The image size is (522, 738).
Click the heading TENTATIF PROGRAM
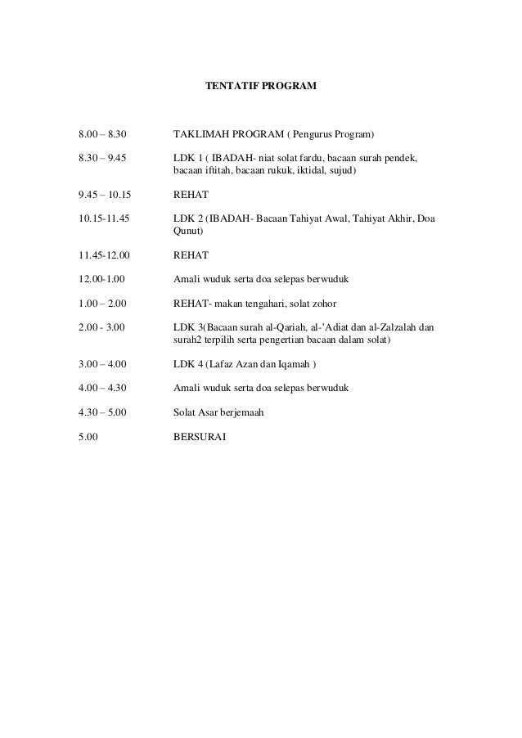(260, 85)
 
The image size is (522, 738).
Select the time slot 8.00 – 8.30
(103, 133)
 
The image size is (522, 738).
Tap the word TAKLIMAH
(201, 133)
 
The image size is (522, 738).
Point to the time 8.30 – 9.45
(103, 156)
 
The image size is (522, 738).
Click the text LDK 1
(187, 156)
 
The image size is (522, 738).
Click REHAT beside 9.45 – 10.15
(191, 195)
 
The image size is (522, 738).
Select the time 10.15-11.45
(104, 218)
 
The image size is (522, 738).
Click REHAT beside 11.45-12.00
(191, 256)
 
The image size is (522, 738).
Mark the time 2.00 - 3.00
(101, 326)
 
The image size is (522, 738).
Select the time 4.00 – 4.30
(103, 387)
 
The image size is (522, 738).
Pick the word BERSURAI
(200, 436)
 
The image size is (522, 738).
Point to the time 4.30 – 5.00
(103, 412)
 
